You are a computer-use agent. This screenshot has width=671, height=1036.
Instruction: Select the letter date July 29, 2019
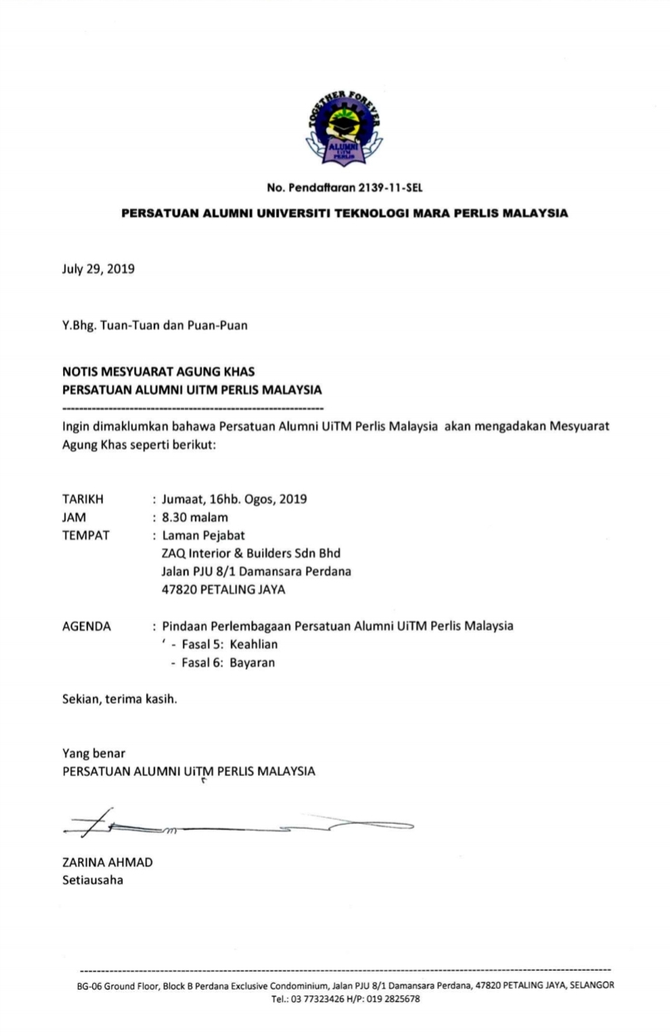coord(98,269)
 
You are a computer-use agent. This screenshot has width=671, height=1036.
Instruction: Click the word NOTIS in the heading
coord(82,371)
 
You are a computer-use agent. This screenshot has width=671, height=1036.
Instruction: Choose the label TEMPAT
coord(86,535)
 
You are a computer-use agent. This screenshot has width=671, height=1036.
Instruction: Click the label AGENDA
coord(86,626)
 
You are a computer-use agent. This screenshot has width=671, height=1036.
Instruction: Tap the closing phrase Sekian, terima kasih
coord(119,698)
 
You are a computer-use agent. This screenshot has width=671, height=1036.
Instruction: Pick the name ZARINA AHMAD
coord(107,862)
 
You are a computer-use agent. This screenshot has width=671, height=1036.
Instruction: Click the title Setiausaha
coord(92,879)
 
